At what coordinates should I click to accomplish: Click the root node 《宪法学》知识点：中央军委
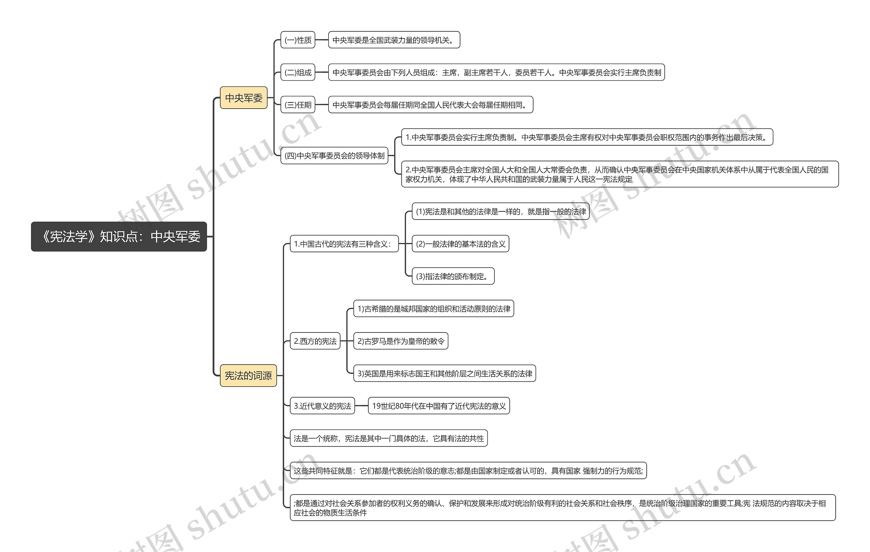[x=119, y=237]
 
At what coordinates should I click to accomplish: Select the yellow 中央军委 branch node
[x=244, y=98]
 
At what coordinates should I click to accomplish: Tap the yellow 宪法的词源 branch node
[x=248, y=375]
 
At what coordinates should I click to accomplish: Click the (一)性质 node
[x=298, y=40]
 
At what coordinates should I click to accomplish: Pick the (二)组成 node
[x=298, y=72]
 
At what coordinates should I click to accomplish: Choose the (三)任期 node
[x=298, y=105]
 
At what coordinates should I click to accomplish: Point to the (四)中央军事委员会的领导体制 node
[x=334, y=156]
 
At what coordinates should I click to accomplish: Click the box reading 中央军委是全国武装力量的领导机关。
[x=394, y=40]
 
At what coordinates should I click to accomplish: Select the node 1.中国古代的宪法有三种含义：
[x=344, y=244]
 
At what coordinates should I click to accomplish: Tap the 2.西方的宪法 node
[x=315, y=341]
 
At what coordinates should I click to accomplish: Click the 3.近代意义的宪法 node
[x=322, y=406]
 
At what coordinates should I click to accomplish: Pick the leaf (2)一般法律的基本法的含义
[x=460, y=244]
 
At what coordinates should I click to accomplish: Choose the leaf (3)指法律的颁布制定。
[x=453, y=276]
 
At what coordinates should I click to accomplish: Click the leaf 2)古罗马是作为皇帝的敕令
[x=401, y=341]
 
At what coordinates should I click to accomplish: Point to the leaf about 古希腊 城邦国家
[x=434, y=309]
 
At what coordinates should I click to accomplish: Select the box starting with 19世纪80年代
[x=439, y=406]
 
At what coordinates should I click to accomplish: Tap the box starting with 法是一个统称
[x=388, y=438]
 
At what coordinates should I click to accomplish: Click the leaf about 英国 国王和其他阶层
[x=445, y=374]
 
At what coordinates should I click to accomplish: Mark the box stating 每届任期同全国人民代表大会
[x=430, y=105]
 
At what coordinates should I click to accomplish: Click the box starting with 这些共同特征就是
[x=468, y=471]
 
